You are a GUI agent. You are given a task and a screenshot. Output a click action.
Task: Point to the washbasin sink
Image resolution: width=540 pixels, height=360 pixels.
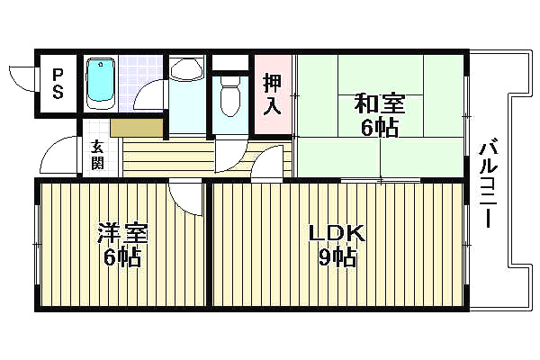pyautogui.click(x=188, y=72)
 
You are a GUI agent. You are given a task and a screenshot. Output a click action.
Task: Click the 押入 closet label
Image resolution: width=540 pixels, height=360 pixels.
pyautogui.click(x=273, y=94)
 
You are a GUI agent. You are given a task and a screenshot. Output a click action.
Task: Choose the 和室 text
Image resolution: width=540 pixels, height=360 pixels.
pyautogui.click(x=380, y=103)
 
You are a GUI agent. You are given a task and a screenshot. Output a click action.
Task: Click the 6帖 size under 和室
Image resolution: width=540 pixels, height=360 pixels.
pyautogui.click(x=380, y=127)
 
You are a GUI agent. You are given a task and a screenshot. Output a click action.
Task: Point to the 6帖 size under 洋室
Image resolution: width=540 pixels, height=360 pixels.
pyautogui.click(x=122, y=259)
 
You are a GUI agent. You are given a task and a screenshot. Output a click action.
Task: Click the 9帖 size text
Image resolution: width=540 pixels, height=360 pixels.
pyautogui.click(x=337, y=259)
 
